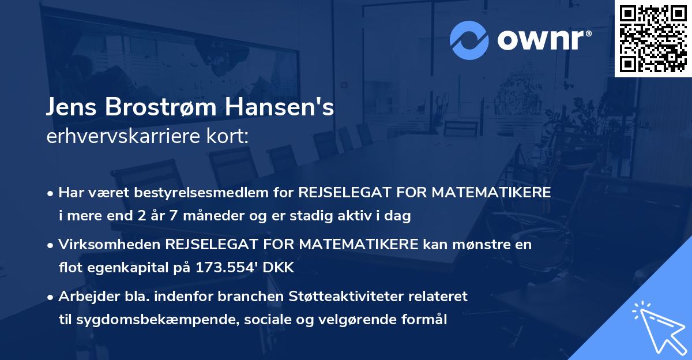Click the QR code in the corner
(653, 39)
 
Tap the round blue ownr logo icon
(469, 40)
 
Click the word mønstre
(480, 244)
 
